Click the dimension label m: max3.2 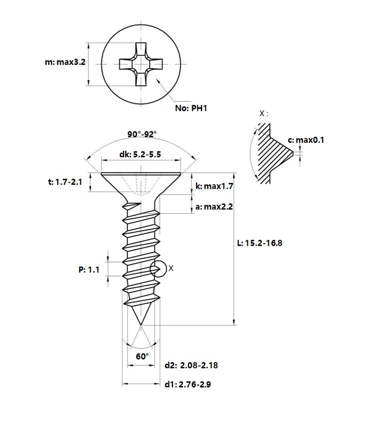point(65,62)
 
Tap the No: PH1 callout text point(191,108)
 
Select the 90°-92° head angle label point(142,134)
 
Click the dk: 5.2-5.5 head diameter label point(140,154)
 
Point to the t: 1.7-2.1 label point(65,182)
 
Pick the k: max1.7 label point(214,186)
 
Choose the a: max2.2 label point(214,207)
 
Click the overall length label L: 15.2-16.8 point(259,243)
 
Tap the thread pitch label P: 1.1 point(89,270)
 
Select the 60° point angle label point(142,356)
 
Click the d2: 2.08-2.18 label point(191,365)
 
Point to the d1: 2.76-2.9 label point(187,385)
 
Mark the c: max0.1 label point(306,140)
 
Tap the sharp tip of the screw point(141,325)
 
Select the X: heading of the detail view point(263,113)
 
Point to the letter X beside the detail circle point(171,268)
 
